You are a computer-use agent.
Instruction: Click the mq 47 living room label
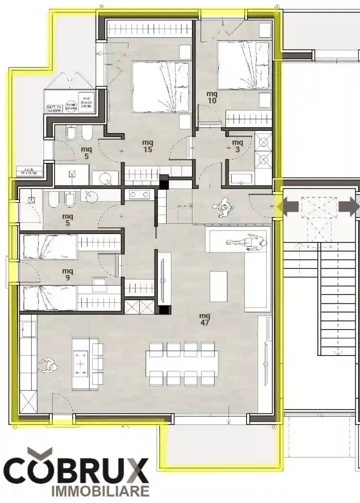(x=205, y=319)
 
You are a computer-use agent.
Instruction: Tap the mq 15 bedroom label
(x=147, y=146)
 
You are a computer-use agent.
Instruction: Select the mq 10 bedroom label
(x=212, y=97)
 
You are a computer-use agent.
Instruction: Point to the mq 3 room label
(x=237, y=146)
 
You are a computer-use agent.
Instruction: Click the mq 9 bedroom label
(x=67, y=274)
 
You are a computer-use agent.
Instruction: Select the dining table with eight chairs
(x=182, y=364)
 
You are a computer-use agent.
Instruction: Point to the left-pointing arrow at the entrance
(x=291, y=206)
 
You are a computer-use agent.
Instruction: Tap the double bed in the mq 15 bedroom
(x=160, y=87)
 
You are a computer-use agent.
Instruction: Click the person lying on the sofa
(x=249, y=242)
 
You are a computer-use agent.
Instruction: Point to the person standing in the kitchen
(x=48, y=367)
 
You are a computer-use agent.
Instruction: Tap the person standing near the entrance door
(x=223, y=207)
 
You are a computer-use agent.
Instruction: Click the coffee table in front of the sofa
(x=218, y=286)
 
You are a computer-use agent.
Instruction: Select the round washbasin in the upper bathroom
(x=108, y=179)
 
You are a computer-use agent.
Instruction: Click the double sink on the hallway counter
(x=140, y=194)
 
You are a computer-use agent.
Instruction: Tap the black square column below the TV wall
(x=164, y=309)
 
